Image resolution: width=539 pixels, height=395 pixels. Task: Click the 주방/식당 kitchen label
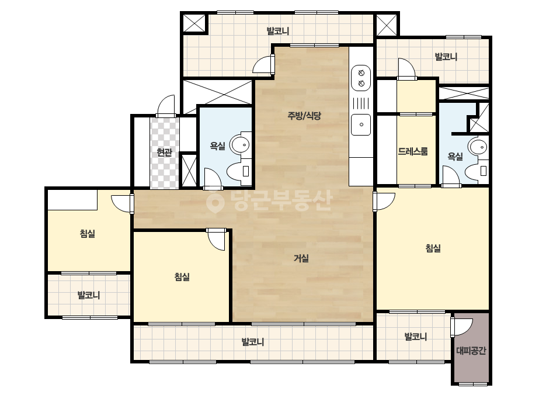click(304, 116)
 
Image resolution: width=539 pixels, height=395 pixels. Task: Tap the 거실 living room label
click(301, 258)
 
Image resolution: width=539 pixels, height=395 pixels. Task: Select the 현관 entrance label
click(164, 152)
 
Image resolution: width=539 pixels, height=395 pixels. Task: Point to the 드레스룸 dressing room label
click(413, 151)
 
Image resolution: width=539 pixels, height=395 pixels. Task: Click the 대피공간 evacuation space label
click(471, 351)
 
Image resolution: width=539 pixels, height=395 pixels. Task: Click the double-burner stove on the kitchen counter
click(361, 78)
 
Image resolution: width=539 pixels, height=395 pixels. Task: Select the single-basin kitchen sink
click(361, 124)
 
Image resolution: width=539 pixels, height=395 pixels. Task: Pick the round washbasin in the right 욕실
click(478, 147)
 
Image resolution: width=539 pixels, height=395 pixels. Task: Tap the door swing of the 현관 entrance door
click(166, 106)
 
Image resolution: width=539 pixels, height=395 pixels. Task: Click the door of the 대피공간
click(462, 327)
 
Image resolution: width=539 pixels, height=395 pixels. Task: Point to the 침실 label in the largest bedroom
click(433, 248)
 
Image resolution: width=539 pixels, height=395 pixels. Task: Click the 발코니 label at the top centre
click(278, 31)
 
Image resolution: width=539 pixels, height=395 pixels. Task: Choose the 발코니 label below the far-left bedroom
click(89, 295)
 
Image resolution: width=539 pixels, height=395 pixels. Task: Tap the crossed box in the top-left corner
click(194, 23)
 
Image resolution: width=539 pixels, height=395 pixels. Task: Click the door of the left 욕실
click(213, 178)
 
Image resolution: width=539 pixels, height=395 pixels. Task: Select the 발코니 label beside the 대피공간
click(415, 336)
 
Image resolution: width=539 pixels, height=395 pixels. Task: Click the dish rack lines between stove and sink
click(361, 103)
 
